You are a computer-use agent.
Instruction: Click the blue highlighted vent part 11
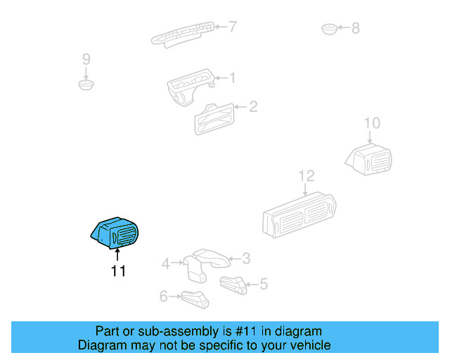pos(115,232)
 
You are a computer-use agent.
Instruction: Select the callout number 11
pos(118,271)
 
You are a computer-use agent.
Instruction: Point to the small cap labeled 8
pos(329,29)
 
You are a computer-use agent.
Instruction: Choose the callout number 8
pos(355,28)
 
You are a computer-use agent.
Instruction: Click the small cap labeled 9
pos(86,85)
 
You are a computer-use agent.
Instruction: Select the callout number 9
pos(86,59)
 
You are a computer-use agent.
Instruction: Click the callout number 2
pos(253,107)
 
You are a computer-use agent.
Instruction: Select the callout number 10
pos(371,124)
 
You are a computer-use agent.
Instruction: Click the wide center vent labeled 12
pos(298,214)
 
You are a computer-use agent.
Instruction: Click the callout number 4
pos(165,264)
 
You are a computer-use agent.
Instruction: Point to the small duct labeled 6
pos(195,298)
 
